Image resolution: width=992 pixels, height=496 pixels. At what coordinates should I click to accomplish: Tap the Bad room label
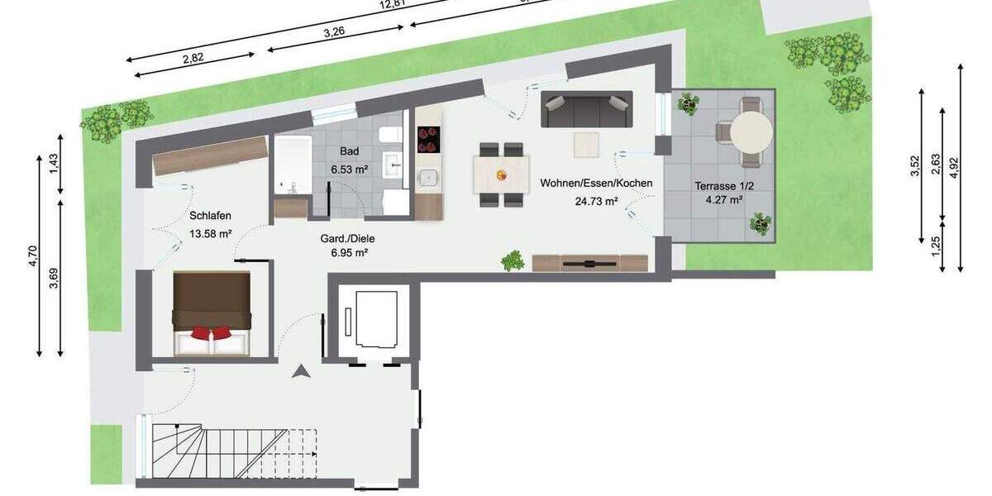pos(349,151)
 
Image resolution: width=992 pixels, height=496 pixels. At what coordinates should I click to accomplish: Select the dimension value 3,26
pos(334,31)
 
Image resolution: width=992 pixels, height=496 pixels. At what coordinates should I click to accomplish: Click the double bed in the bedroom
pos(211,314)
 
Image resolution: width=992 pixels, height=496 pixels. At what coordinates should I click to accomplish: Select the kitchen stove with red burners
pos(429,139)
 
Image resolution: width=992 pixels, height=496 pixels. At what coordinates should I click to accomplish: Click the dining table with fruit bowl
pos(501,175)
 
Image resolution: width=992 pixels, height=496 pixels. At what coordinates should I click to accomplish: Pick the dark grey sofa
pos(586,108)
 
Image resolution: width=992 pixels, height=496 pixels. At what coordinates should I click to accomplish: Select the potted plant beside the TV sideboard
pos(513,260)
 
